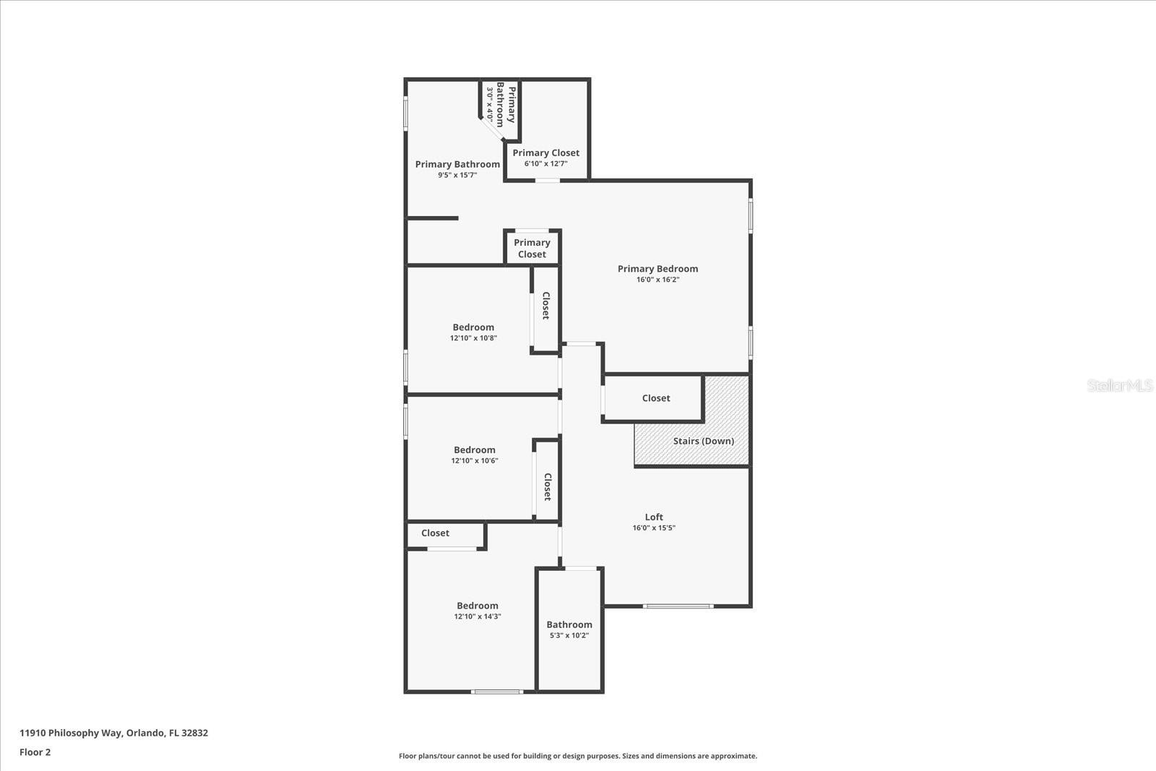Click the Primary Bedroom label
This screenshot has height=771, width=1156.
coord(657,269)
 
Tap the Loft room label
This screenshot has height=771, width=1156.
coord(654,517)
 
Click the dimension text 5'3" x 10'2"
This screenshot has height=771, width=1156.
coord(569,636)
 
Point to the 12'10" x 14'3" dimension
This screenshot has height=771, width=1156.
coord(478,617)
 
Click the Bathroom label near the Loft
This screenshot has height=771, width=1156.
coord(569,624)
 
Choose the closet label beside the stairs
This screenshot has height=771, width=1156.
coord(656,398)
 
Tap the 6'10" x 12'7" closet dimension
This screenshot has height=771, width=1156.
coord(546,164)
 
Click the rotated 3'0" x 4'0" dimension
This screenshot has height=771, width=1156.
coord(490,104)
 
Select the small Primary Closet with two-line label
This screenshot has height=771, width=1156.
coord(532,249)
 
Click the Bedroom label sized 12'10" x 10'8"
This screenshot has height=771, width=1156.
coord(473,327)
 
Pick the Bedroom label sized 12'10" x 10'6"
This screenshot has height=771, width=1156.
coord(475,450)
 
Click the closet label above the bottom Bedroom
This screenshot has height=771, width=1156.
coord(435,533)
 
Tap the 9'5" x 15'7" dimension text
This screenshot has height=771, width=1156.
coord(457,176)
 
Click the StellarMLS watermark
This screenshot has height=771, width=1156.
coord(1120,386)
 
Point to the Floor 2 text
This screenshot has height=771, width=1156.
coord(35,752)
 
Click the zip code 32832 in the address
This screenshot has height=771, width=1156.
coord(195,733)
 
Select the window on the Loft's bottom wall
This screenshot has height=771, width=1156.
coord(678,606)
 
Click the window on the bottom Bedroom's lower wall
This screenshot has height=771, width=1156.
coord(497,692)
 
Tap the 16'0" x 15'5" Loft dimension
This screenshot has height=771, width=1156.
coord(654,528)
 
